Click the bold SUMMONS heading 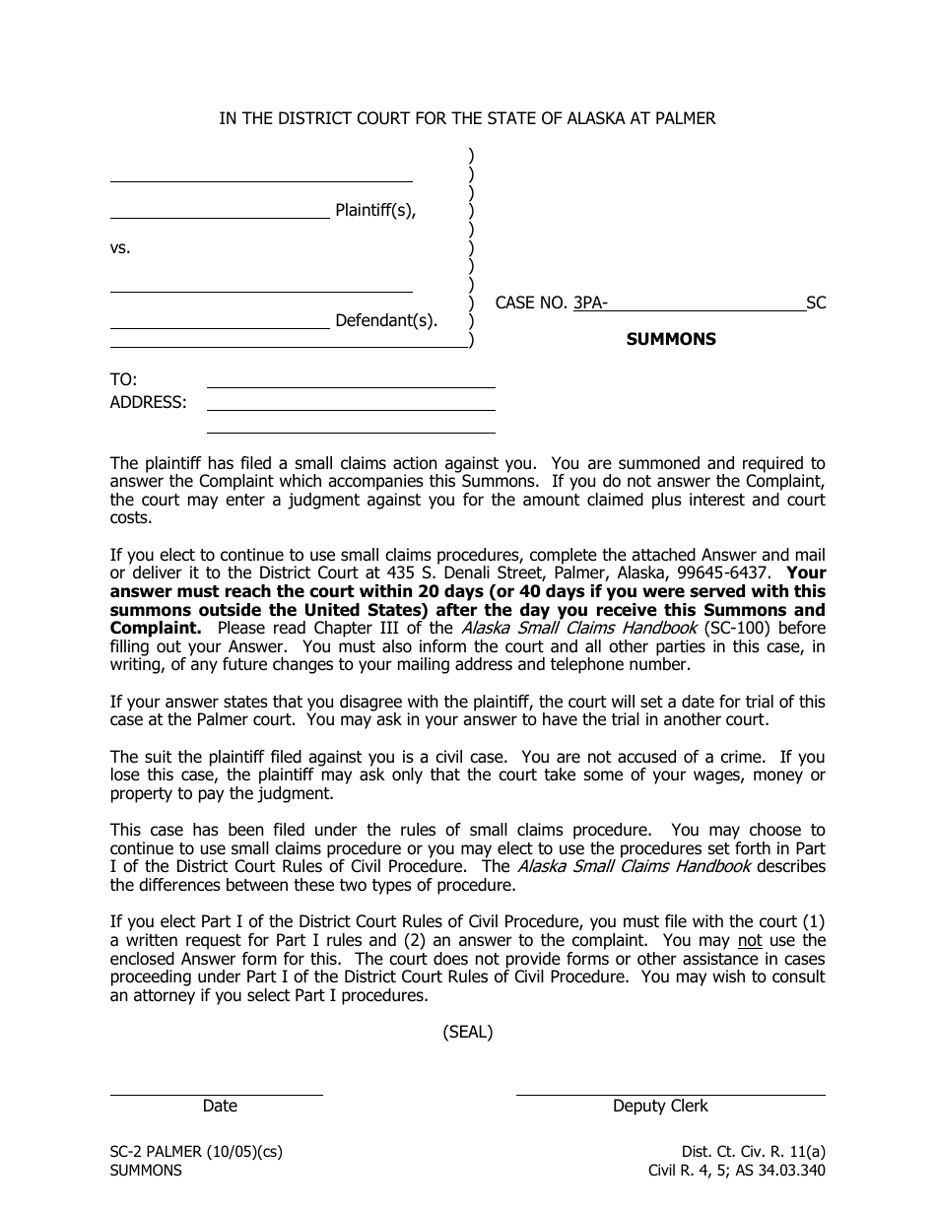coord(671,339)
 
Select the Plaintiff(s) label coord(375,210)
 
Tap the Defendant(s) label coord(385,320)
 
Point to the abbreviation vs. coord(120,248)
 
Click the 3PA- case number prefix coord(590,303)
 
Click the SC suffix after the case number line coord(816,303)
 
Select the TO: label coord(123,379)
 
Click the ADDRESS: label coord(148,402)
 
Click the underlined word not coord(750,940)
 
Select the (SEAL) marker coord(467,1032)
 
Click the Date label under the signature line coord(220,1106)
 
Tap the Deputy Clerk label coord(660,1106)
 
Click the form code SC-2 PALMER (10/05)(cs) coord(196,1151)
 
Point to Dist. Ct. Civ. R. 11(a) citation coord(754,1151)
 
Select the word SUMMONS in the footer coord(146,1171)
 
